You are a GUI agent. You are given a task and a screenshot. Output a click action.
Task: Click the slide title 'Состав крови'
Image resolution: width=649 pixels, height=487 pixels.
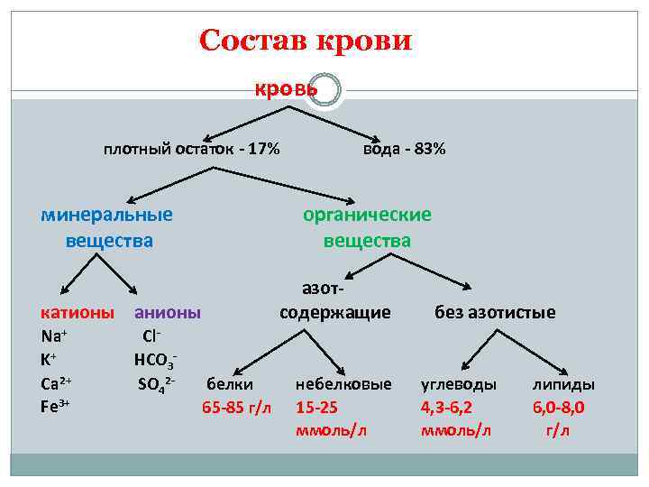(306, 41)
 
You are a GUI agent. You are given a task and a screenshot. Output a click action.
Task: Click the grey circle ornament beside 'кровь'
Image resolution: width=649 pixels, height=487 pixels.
(324, 89)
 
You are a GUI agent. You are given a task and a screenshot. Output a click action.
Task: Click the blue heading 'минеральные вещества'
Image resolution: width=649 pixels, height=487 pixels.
(107, 227)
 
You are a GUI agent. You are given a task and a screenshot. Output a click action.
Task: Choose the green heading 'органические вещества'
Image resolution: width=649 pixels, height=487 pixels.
(367, 227)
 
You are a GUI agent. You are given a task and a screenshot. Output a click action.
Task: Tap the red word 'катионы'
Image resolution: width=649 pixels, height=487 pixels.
(78, 313)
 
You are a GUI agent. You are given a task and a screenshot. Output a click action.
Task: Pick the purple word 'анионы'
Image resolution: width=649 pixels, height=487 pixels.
(167, 313)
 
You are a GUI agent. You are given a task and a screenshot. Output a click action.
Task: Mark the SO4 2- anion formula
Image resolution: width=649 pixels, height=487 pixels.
(155, 384)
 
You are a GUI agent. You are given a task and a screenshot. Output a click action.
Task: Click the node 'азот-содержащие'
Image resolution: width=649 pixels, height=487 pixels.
(334, 301)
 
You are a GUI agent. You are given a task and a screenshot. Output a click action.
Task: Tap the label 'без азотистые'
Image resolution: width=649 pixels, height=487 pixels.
(495, 313)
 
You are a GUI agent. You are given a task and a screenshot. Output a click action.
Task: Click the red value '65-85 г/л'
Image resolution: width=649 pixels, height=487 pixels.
(236, 407)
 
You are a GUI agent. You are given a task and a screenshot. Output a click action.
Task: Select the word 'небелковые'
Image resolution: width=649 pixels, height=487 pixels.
(343, 384)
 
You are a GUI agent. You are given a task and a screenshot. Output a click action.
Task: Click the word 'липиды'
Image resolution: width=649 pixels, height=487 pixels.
(563, 384)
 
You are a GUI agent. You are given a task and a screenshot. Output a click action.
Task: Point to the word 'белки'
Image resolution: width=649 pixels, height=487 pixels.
(230, 384)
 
